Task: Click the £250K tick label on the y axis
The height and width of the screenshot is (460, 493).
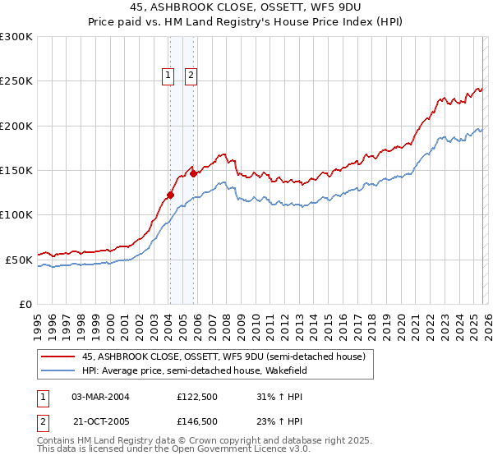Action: click(x=16, y=81)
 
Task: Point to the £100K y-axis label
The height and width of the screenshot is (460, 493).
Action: click(x=16, y=214)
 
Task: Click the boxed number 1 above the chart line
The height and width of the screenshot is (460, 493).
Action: click(x=168, y=76)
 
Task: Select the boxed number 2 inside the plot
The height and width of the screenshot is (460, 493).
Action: click(x=191, y=76)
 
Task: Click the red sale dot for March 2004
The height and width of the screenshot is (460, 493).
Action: click(x=170, y=195)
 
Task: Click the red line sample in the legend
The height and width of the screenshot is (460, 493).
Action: click(x=58, y=356)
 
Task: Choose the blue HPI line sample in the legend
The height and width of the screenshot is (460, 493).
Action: click(x=58, y=370)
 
